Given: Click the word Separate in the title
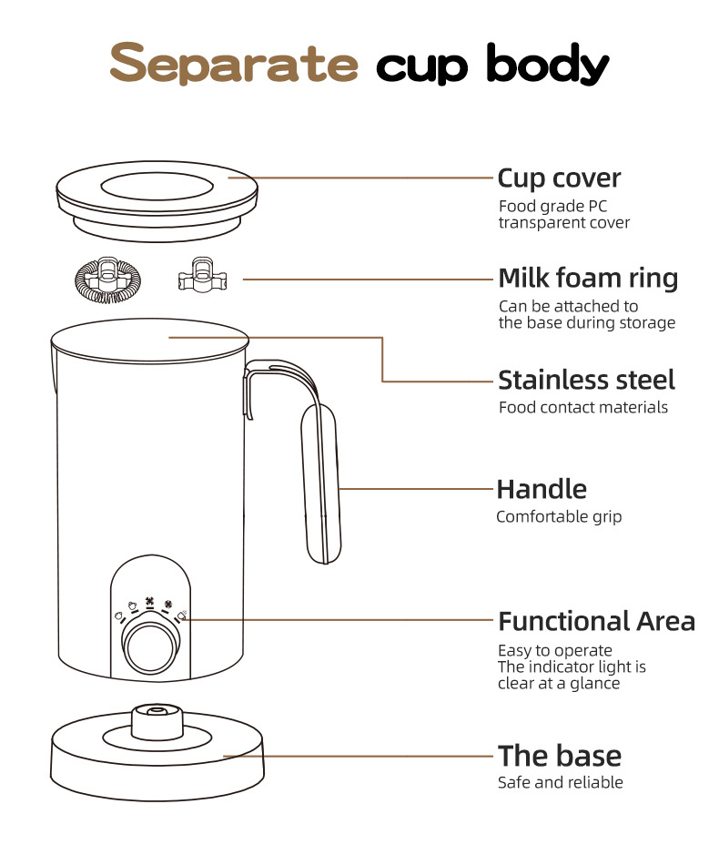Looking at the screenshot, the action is (x=234, y=63).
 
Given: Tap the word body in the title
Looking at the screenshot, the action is (x=547, y=65).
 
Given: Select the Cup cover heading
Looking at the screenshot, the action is (x=559, y=178).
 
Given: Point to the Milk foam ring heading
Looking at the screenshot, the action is (x=588, y=278).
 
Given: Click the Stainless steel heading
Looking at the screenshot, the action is (x=586, y=380).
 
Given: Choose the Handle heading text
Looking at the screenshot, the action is (x=542, y=489).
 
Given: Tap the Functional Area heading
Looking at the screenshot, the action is (x=596, y=621).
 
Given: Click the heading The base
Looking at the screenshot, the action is (x=560, y=756).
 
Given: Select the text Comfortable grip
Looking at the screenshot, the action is (x=559, y=516).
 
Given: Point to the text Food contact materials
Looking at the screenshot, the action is (x=582, y=407).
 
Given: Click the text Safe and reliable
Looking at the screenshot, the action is (x=561, y=782).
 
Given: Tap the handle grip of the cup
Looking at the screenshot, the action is (x=321, y=483).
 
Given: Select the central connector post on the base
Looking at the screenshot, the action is (x=157, y=721).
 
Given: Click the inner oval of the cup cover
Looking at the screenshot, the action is (x=157, y=187).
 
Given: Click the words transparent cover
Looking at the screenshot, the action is (x=563, y=222).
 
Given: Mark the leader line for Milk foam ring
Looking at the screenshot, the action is (x=368, y=280).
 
